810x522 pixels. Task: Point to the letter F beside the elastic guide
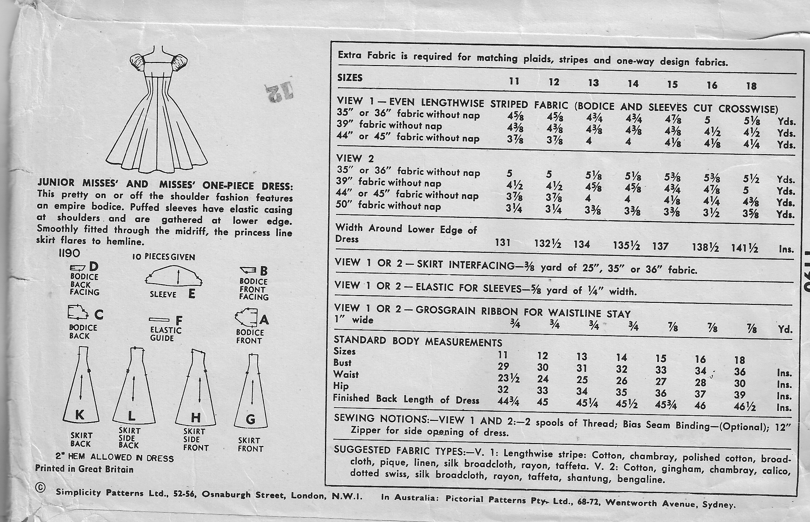(179, 321)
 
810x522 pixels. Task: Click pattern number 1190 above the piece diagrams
(69, 253)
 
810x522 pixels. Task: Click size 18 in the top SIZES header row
(751, 86)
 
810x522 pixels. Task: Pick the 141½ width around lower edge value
(745, 248)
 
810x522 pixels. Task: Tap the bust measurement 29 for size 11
(503, 366)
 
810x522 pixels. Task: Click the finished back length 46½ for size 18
(745, 406)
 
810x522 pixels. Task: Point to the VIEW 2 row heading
(355, 159)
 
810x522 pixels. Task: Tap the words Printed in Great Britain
(84, 469)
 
